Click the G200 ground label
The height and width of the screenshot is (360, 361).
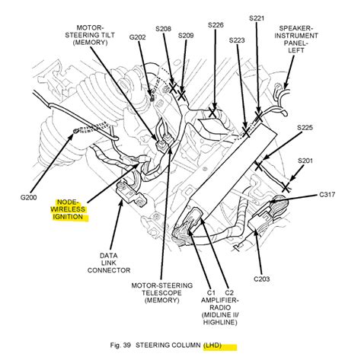(x=28, y=197)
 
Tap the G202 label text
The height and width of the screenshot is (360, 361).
(x=137, y=37)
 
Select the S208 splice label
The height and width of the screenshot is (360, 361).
(x=163, y=29)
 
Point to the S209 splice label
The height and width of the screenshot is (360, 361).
(x=186, y=36)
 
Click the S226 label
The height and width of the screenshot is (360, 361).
(x=216, y=25)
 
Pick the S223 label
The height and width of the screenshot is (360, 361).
(x=237, y=40)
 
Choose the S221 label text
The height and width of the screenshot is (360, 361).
(x=257, y=18)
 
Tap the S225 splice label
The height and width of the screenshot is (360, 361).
(x=305, y=128)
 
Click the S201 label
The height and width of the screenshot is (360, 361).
(x=305, y=161)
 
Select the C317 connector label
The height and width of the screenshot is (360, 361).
(x=327, y=195)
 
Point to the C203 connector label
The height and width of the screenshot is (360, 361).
(x=262, y=279)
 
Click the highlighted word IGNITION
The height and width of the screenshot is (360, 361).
(x=68, y=217)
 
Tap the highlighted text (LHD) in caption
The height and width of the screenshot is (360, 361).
(x=212, y=346)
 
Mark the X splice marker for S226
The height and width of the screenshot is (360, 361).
(x=212, y=113)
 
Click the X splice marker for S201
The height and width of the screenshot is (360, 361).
(x=286, y=187)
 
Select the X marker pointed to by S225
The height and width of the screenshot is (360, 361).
(x=258, y=166)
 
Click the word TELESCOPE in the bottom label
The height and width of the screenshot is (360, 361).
(x=161, y=293)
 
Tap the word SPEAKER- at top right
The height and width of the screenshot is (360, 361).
(x=296, y=28)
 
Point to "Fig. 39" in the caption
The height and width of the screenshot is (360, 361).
(x=120, y=346)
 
